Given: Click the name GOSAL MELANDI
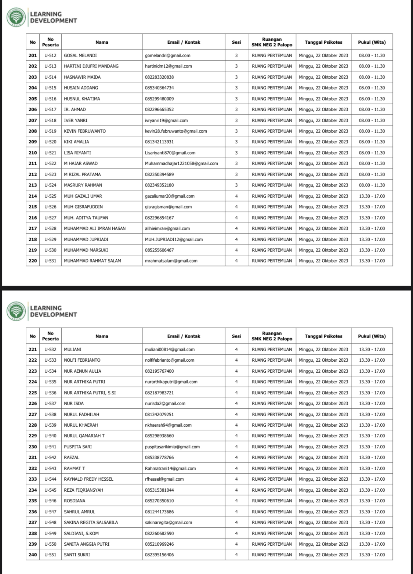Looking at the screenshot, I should pos(80,55).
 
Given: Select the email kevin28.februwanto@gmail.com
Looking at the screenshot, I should pos(176,131).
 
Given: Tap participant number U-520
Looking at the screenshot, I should pos(50,142).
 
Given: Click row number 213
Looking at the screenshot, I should pos(33,185).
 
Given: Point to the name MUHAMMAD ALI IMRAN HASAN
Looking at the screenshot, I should pos(95,228).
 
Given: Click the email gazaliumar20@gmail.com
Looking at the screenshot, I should pos(170,196).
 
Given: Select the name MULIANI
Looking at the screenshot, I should pos(73,350).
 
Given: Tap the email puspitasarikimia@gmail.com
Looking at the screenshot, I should pos(172,447).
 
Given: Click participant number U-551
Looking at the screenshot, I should pos(50,555).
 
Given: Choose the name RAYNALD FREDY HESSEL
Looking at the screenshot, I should pos(88,479).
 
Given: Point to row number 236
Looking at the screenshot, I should pos(33,512).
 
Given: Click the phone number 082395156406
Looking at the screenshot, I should pos(159,555).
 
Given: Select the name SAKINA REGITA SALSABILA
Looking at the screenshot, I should pos(91,523).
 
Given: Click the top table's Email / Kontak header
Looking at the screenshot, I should pos(184,42).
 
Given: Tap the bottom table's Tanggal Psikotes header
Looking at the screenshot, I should pos(323,336).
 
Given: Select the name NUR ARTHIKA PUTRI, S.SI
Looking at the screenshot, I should pos(90,393).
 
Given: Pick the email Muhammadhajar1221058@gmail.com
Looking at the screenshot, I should pos(181,163).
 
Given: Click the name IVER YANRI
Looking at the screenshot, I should pos(76,120).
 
